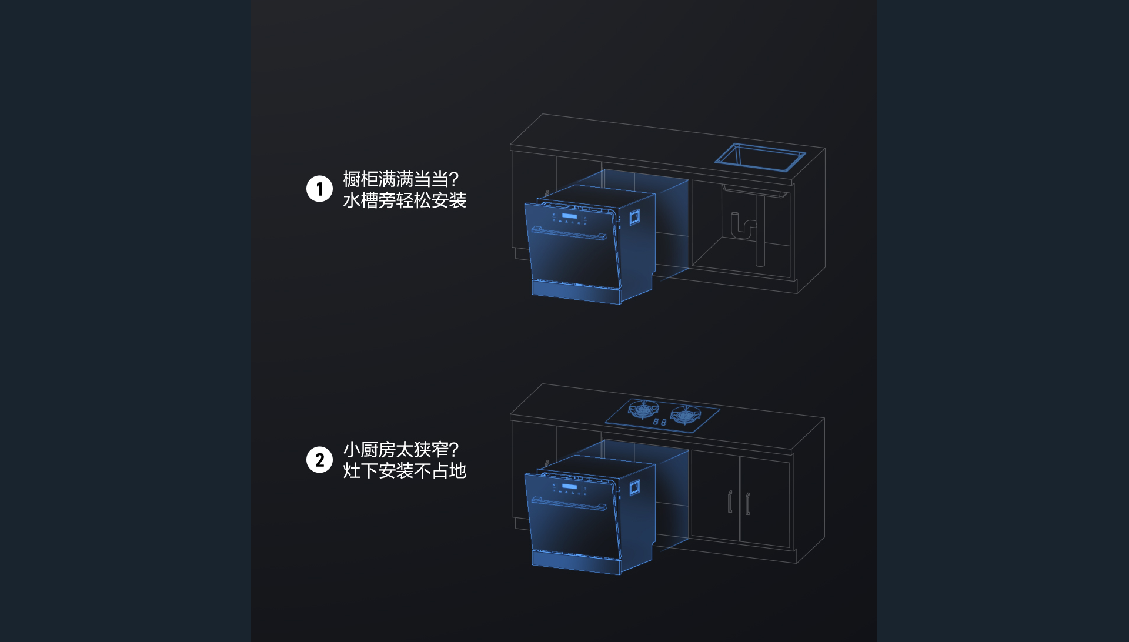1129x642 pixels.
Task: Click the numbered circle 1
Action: pyautogui.click(x=319, y=189)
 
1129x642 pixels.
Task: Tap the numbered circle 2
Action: pyautogui.click(x=319, y=460)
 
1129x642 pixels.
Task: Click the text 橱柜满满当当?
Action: pyautogui.click(x=400, y=179)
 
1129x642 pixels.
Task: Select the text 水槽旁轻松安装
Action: pyautogui.click(x=405, y=200)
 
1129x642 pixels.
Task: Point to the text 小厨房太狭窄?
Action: pyautogui.click(x=400, y=450)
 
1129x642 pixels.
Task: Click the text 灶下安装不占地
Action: pyautogui.click(x=405, y=471)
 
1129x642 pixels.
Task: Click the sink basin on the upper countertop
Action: pyautogui.click(x=760, y=157)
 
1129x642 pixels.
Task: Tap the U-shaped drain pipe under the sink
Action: pyautogui.click(x=743, y=226)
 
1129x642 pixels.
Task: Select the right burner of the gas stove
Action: pyautogui.click(x=685, y=415)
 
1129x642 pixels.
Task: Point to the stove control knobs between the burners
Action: pyautogui.click(x=660, y=422)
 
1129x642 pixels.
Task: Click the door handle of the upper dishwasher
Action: pyautogui.click(x=569, y=233)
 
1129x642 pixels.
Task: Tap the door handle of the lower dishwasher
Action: pyautogui.click(x=569, y=504)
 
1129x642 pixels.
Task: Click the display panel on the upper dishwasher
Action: pyautogui.click(x=569, y=216)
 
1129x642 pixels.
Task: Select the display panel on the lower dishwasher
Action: pyautogui.click(x=569, y=486)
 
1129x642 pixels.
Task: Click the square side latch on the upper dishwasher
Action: pyautogui.click(x=634, y=218)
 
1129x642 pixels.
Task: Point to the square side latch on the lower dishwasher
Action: pyautogui.click(x=634, y=487)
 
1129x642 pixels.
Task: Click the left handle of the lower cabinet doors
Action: pyautogui.click(x=730, y=501)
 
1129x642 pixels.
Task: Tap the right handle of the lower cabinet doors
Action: pyautogui.click(x=747, y=504)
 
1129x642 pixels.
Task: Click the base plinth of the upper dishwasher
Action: pyautogui.click(x=576, y=292)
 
